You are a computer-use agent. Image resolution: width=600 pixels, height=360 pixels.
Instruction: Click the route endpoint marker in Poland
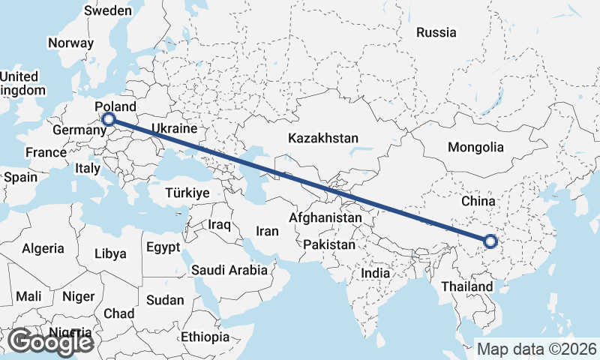click(x=109, y=118)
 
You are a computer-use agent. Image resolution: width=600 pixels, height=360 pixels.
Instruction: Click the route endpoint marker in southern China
click(x=490, y=241)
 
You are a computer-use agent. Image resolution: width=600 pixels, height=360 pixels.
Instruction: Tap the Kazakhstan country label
click(x=323, y=139)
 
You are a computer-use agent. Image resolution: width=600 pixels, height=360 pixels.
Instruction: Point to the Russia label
click(x=436, y=32)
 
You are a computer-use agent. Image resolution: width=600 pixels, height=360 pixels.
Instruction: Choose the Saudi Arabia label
click(x=229, y=270)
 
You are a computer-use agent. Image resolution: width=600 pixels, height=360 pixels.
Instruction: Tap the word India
click(x=376, y=274)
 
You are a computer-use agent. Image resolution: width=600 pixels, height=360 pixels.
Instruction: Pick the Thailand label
click(x=467, y=286)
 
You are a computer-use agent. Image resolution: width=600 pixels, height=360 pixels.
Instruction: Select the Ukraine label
click(x=174, y=129)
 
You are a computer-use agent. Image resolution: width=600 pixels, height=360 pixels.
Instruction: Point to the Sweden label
click(x=107, y=11)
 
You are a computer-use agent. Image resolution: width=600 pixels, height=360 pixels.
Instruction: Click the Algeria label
click(x=43, y=248)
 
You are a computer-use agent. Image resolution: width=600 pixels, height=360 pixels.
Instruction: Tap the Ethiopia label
click(x=205, y=337)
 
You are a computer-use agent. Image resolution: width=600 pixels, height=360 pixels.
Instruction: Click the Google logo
click(x=49, y=342)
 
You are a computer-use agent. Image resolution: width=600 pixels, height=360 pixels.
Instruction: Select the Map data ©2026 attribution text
click(x=536, y=349)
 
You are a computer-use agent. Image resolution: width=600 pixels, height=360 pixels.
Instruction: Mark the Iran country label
click(x=268, y=232)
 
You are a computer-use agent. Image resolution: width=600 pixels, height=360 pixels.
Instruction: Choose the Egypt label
click(x=163, y=247)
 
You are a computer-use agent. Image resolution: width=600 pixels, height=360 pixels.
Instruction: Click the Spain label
click(x=20, y=178)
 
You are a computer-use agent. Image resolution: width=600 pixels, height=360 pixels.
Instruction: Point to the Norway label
click(x=70, y=43)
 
